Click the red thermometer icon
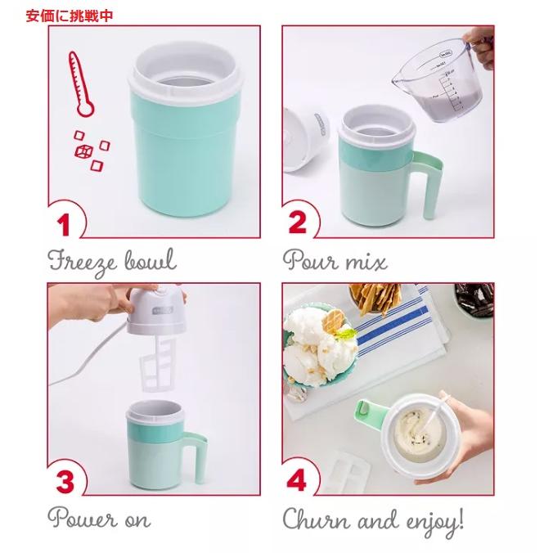tap(82, 84)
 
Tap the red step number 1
tap(64, 224)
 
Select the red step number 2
tap(298, 222)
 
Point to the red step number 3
tap(65, 481)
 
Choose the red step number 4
tap(296, 480)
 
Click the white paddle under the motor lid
tap(158, 364)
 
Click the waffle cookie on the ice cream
tap(333, 321)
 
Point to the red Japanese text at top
tap(69, 16)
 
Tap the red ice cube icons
tap(92, 151)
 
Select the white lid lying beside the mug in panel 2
tap(306, 140)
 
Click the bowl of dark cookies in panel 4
tap(474, 299)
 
